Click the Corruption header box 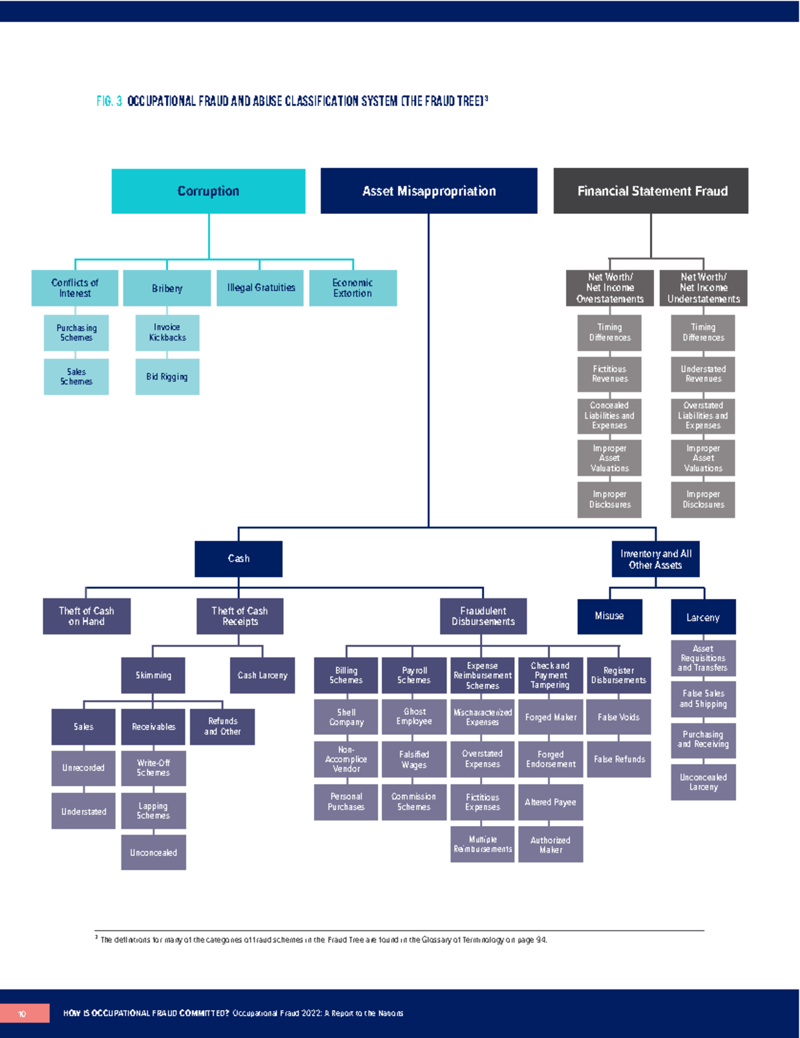point(208,191)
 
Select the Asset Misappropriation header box point(429,191)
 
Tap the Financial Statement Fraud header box point(651,191)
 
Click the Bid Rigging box point(167,376)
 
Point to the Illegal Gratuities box point(261,288)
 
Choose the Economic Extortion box point(353,288)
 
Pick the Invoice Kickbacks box point(167,332)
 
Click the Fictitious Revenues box point(609,374)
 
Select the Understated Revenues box point(703,374)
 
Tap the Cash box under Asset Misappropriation point(238,558)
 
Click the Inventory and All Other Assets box point(655,559)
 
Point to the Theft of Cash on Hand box point(87,616)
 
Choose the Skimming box point(153,675)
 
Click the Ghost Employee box point(414,716)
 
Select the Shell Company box point(346,716)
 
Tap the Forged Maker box point(551,717)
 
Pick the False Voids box point(619,717)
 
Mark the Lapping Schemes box point(153,810)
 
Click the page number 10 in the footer point(22,1013)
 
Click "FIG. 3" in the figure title point(109,101)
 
